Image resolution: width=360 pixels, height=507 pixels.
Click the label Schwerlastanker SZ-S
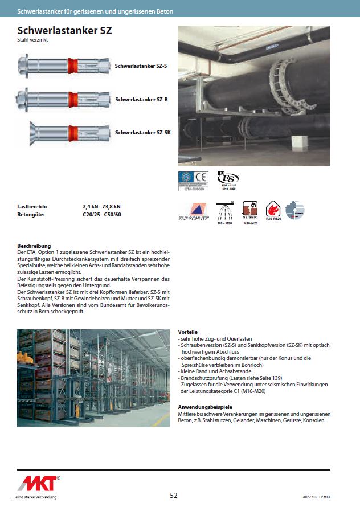tap(141, 66)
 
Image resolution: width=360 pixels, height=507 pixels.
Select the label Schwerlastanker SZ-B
tap(141, 99)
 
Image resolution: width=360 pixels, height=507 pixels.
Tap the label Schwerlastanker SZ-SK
tap(143, 132)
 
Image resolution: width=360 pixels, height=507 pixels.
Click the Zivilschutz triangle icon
tap(193, 212)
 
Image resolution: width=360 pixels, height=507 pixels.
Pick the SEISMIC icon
tap(251, 209)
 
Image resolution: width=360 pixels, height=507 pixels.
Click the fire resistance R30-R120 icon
tap(273, 209)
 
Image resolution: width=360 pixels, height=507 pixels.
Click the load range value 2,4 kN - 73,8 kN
tap(101, 207)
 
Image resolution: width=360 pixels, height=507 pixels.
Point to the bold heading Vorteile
tap(188, 332)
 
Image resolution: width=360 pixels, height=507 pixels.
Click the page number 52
tap(174, 495)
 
